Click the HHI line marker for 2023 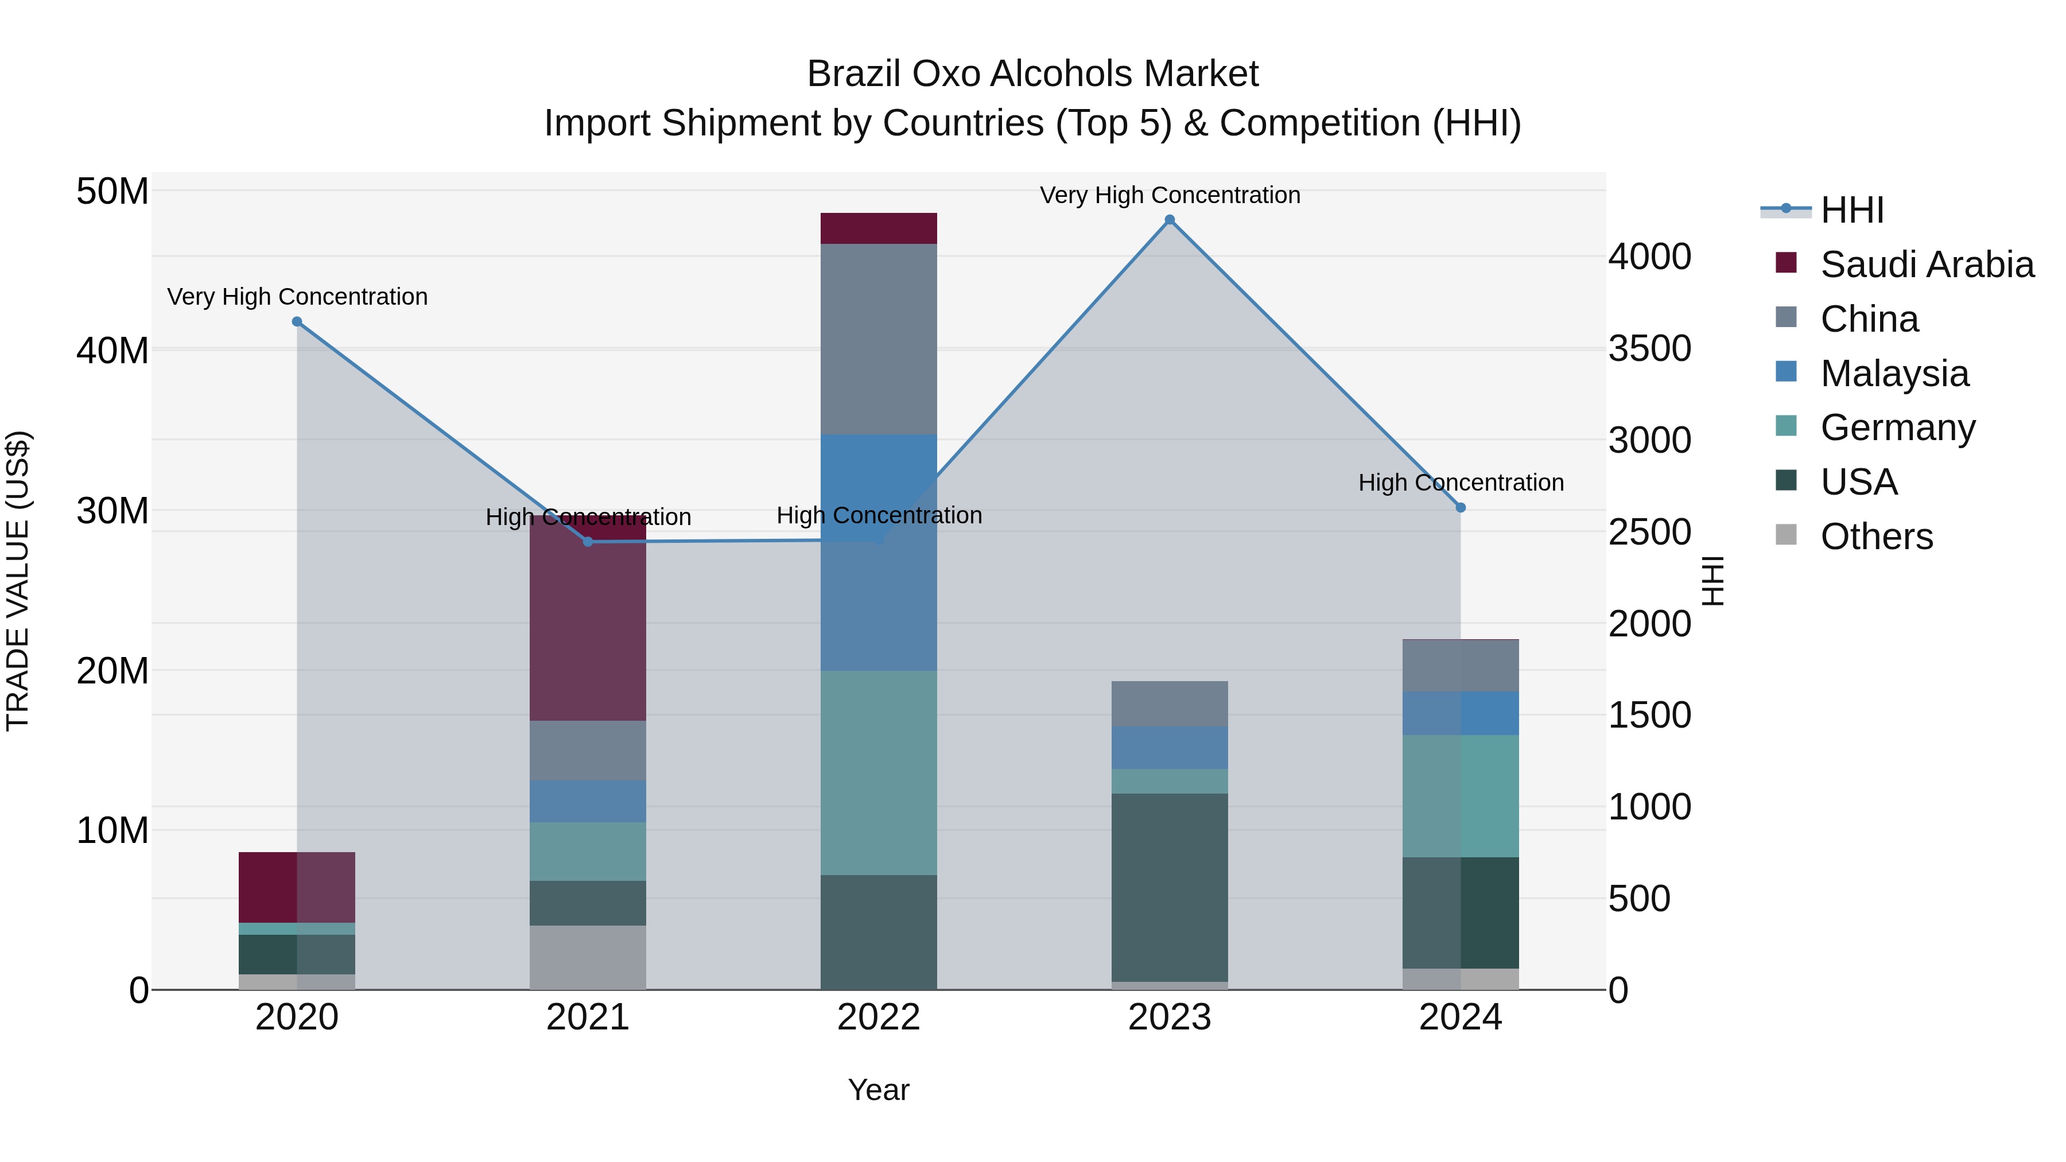click(x=1170, y=220)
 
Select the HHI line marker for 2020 click(x=297, y=321)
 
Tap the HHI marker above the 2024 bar click(x=1461, y=508)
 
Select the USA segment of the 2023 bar click(x=1170, y=887)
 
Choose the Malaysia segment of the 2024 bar click(x=1461, y=713)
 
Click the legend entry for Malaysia click(x=1894, y=374)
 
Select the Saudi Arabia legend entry click(x=1927, y=265)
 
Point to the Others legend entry click(x=1876, y=537)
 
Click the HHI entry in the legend click(x=1851, y=210)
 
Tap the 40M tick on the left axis click(x=112, y=351)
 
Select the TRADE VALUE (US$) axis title click(x=18, y=581)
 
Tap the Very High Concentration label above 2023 click(x=1170, y=195)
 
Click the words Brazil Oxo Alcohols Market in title click(x=1032, y=74)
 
